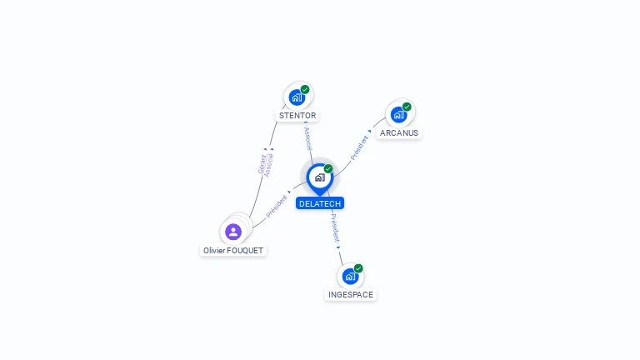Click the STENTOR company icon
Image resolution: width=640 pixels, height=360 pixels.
coord(297,97)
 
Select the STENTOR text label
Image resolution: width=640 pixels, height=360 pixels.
coord(297,115)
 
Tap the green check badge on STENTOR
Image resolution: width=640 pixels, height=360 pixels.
coord(305,89)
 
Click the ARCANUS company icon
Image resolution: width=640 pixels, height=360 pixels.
coord(398,114)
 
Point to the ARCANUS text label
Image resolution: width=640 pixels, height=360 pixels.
coord(399,132)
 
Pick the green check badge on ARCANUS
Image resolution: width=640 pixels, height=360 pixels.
coord(407,107)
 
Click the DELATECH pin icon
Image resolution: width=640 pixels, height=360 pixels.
coord(319,177)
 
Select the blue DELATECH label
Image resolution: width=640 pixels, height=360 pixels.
coord(320,203)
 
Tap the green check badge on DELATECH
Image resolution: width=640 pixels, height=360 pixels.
coord(328,169)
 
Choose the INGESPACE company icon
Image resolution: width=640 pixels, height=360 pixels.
coord(350,276)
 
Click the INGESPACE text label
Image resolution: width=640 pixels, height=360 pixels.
coord(351,294)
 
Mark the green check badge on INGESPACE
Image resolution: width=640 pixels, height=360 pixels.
coord(358,268)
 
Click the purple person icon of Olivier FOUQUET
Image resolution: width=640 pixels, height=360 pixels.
coord(233,232)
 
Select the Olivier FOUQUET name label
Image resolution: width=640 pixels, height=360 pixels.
coord(234,250)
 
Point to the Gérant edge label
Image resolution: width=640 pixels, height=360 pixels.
coord(262,163)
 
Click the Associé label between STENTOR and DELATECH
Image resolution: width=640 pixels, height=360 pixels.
coord(308,137)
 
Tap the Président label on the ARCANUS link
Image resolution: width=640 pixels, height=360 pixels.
coord(359,147)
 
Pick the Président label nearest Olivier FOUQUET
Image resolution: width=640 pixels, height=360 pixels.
coord(277,207)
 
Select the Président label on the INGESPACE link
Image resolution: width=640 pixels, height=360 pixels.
coord(334,227)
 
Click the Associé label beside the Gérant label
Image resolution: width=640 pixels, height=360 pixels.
coord(269,164)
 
